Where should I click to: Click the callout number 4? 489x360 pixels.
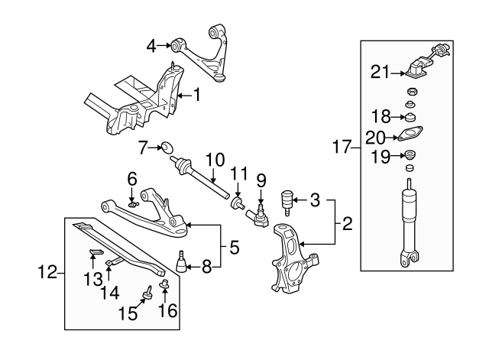pos(151,47)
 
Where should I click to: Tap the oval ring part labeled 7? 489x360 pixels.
pos(167,148)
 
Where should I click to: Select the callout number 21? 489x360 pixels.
pos(381,72)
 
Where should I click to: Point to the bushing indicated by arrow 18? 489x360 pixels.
pos(410,117)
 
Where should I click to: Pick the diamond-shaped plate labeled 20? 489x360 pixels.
pos(409,134)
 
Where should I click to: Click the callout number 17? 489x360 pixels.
pos(342,147)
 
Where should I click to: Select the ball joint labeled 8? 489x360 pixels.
pos(181,261)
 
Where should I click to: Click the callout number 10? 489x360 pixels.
pos(215,160)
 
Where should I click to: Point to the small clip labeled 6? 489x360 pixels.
pos(133,205)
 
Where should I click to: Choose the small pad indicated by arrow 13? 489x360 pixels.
pos(96,252)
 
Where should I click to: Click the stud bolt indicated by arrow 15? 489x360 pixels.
pos(147,292)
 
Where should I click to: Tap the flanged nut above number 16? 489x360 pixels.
pos(164,284)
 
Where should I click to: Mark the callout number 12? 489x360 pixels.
pos(47,272)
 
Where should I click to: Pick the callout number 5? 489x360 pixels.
pos(235,248)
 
